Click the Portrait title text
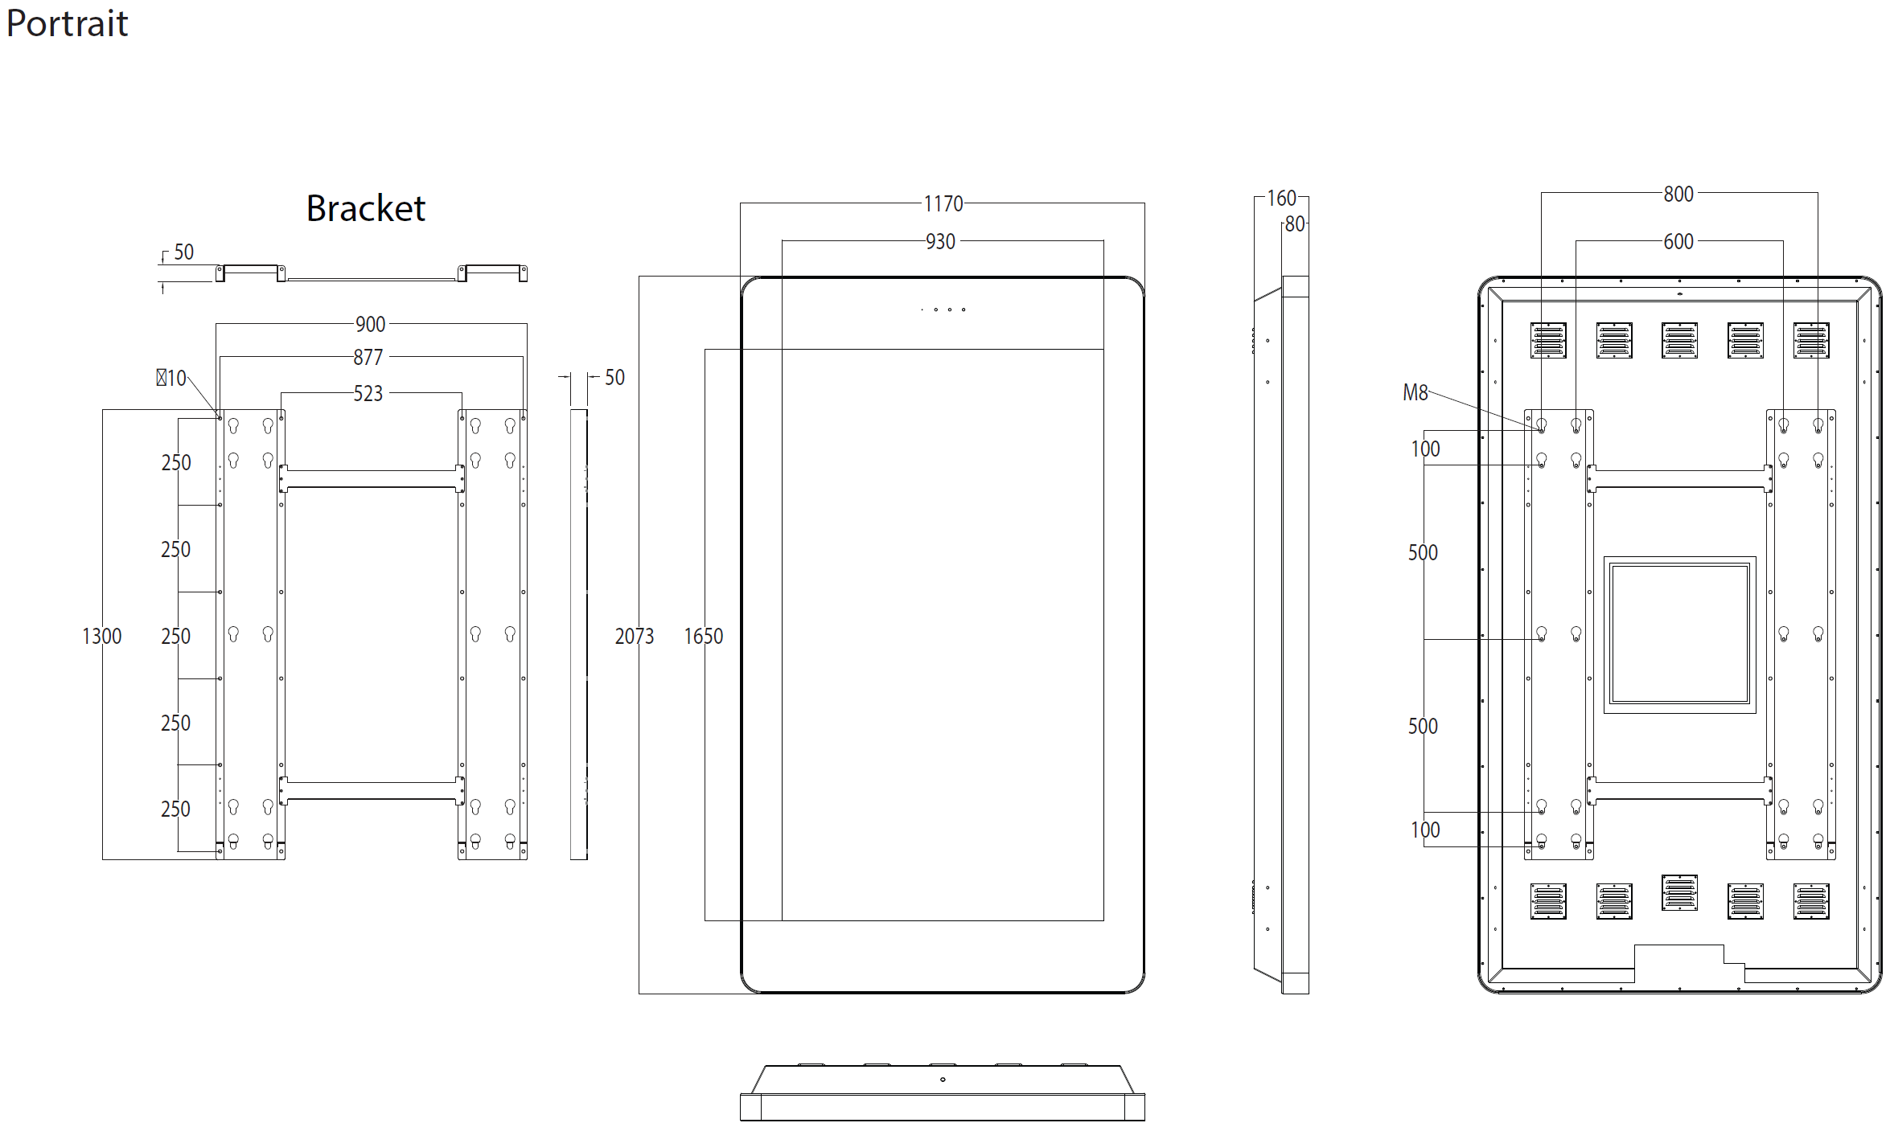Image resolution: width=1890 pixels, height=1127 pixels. pyautogui.click(x=67, y=24)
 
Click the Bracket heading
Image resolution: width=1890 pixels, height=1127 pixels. pyautogui.click(x=366, y=208)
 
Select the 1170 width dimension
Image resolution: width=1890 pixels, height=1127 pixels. pyautogui.click(x=943, y=204)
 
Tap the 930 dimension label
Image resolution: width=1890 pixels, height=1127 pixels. pyautogui.click(x=940, y=242)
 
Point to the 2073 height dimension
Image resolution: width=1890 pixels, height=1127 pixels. pyautogui.click(x=635, y=637)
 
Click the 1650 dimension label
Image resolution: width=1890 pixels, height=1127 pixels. pyautogui.click(x=704, y=637)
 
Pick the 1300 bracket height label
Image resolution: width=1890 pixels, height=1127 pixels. pyautogui.click(x=102, y=637)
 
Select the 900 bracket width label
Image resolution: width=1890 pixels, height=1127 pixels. pyautogui.click(x=371, y=325)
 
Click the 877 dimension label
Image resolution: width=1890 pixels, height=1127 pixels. pyautogui.click(x=368, y=358)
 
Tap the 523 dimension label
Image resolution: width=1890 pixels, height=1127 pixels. pyautogui.click(x=368, y=394)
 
